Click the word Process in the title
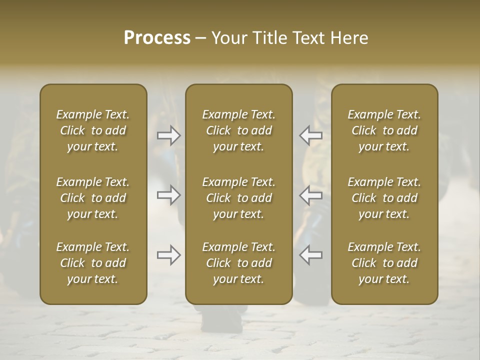coord(157,38)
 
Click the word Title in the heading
coord(270,38)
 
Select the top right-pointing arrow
coord(169,135)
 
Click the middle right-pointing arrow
coord(169,195)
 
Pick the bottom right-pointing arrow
coord(169,255)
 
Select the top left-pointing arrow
coord(310,135)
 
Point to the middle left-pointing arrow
coord(310,195)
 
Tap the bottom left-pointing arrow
coord(310,255)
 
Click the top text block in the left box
coord(93,130)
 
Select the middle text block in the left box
coord(93,198)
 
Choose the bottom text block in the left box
coord(93,263)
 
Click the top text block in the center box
coord(239,130)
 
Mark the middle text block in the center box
coord(239,198)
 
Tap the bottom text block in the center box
coord(239,263)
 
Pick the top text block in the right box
coord(384,130)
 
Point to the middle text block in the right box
coord(384,198)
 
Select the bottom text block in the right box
coord(384,263)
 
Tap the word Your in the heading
coord(229,38)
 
